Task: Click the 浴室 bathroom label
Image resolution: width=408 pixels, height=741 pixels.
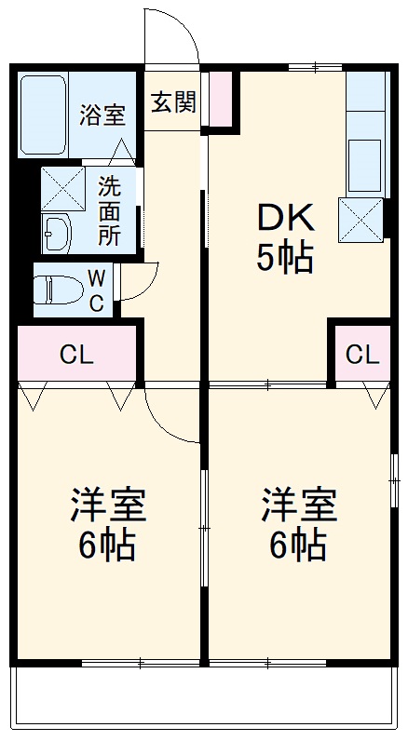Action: pos(102,115)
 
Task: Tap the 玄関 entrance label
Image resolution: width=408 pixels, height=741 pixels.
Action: pos(173,102)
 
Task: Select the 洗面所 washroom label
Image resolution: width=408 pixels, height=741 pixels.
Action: pos(110,209)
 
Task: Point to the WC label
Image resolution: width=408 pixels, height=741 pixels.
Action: pos(96,290)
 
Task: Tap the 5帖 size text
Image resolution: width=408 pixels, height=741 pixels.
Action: pos(285,258)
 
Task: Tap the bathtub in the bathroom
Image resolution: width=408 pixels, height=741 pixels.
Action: pos(45,115)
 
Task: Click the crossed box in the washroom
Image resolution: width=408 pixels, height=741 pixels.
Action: pos(62,188)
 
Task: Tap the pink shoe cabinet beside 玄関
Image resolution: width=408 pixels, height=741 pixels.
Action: pos(221,99)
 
